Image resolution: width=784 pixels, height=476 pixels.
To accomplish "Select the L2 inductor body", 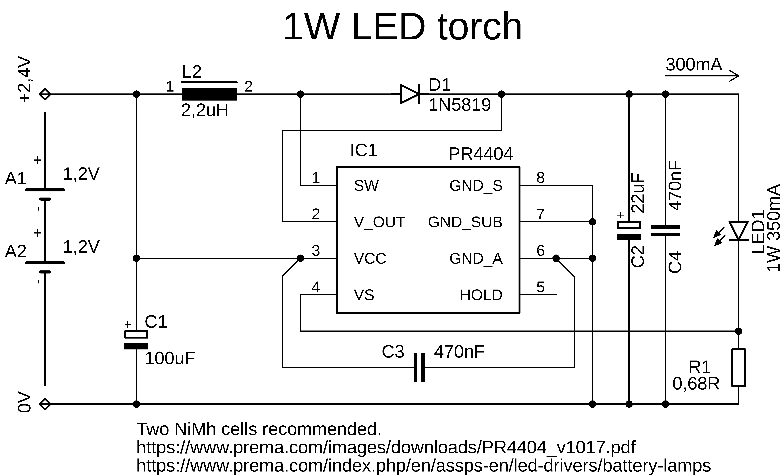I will click(209, 94).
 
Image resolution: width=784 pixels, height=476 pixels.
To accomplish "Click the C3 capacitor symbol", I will click(419, 368).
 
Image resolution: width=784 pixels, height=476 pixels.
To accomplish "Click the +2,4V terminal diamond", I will click(45, 94).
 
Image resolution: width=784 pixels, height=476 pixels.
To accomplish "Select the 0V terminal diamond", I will click(45, 404).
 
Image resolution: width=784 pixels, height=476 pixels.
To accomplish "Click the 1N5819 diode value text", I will click(459, 105).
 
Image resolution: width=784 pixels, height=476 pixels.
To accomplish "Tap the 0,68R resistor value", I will click(696, 384).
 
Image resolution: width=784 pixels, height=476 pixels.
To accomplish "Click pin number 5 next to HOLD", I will click(541, 287).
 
